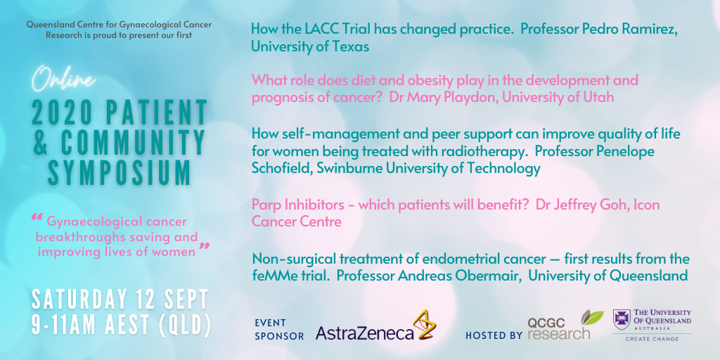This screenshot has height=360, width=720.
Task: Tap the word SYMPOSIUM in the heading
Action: click(120, 173)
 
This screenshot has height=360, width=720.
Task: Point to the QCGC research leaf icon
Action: click(592, 317)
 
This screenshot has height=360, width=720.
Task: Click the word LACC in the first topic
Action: click(328, 30)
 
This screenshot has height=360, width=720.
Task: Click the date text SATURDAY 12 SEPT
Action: click(120, 300)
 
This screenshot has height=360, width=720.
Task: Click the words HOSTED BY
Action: click(494, 335)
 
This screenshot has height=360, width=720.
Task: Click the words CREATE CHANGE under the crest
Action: click(652, 338)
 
